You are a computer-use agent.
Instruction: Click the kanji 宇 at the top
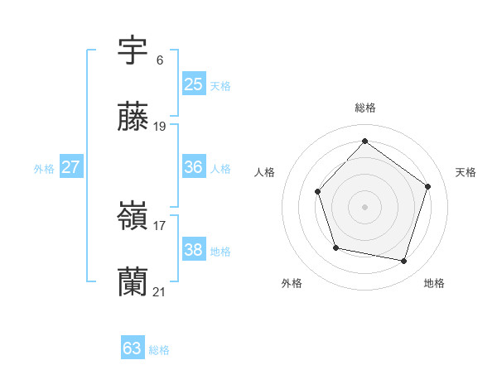tap(133, 51)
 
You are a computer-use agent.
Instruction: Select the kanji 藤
tap(133, 118)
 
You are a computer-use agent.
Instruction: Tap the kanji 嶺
tap(133, 218)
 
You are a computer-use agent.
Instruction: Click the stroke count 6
tap(160, 60)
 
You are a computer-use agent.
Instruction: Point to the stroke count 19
tap(160, 127)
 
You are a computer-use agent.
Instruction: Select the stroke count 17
tap(160, 225)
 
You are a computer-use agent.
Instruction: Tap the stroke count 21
tap(160, 291)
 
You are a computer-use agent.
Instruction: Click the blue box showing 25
tap(193, 84)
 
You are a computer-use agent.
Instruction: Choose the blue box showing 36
tap(193, 167)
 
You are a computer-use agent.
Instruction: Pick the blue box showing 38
tap(193, 250)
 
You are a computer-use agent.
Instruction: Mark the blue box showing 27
tap(70, 167)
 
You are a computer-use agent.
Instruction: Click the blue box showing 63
tap(132, 348)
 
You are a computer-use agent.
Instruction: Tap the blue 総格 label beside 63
tap(159, 350)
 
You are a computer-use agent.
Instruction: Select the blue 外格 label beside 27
tap(44, 169)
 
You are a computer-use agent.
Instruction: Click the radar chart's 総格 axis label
tap(364, 108)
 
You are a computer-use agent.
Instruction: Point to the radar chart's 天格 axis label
tap(466, 172)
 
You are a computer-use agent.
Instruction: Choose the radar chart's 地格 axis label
tap(434, 283)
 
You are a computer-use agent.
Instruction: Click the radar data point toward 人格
tap(318, 191)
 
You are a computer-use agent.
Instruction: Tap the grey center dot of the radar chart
tap(364, 206)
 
